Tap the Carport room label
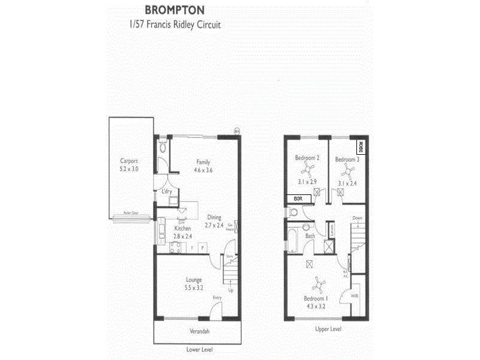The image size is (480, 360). [x=129, y=161]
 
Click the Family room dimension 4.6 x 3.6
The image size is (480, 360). [x=203, y=170]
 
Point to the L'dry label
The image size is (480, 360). [x=168, y=191]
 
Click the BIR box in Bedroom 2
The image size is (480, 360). [x=298, y=198]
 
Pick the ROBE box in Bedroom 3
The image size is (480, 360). [x=361, y=146]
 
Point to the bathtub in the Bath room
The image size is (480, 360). [x=292, y=239]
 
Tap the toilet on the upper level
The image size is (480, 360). [x=293, y=213]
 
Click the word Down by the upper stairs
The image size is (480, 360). [x=358, y=218]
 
